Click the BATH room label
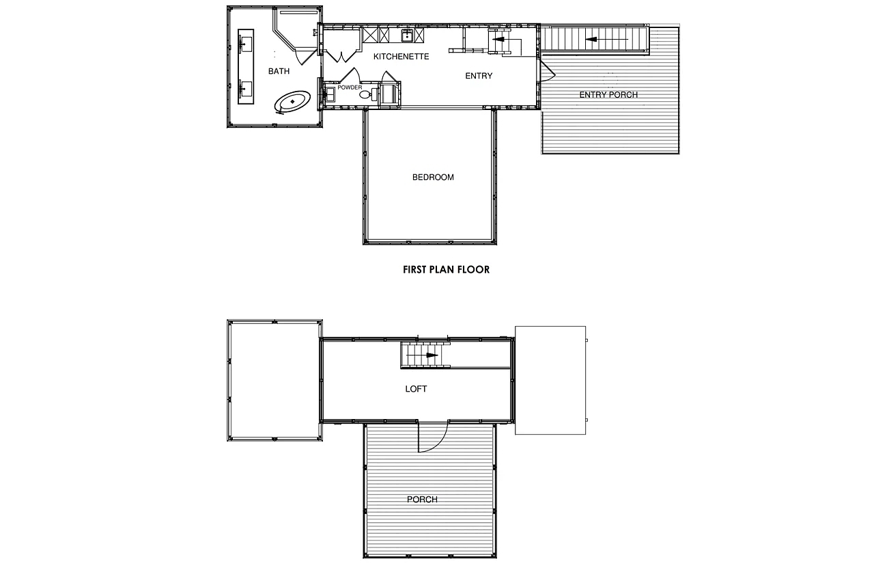click(x=279, y=71)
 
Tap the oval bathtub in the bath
click(x=293, y=102)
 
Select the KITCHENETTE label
click(x=401, y=57)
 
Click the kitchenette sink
click(x=407, y=36)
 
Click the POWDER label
click(x=350, y=87)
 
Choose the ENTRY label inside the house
click(x=479, y=76)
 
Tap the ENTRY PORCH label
click(x=608, y=95)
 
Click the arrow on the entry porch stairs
click(x=606, y=39)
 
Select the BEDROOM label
click(x=433, y=177)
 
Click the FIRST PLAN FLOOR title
click(x=446, y=269)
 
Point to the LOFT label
click(x=416, y=389)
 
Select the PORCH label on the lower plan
click(x=422, y=500)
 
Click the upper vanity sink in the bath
click(x=246, y=44)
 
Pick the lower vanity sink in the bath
click(x=246, y=89)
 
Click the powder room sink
click(x=329, y=95)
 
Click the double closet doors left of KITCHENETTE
click(x=342, y=56)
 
